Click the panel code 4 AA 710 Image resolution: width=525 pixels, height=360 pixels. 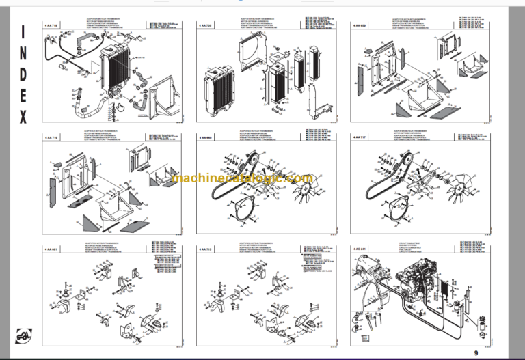pyautogui.click(x=51, y=25)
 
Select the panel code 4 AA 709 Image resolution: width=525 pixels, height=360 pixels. pyautogui.click(x=204, y=25)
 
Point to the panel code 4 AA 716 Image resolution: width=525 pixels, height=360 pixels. pyautogui.click(x=51, y=138)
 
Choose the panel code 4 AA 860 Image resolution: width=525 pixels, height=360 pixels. pyautogui.click(x=204, y=138)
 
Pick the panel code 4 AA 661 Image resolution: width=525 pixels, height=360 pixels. pyautogui.click(x=51, y=251)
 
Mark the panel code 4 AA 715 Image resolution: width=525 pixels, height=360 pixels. pyautogui.click(x=204, y=251)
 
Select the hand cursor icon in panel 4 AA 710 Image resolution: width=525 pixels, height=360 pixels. pyautogui.click(x=120, y=107)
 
